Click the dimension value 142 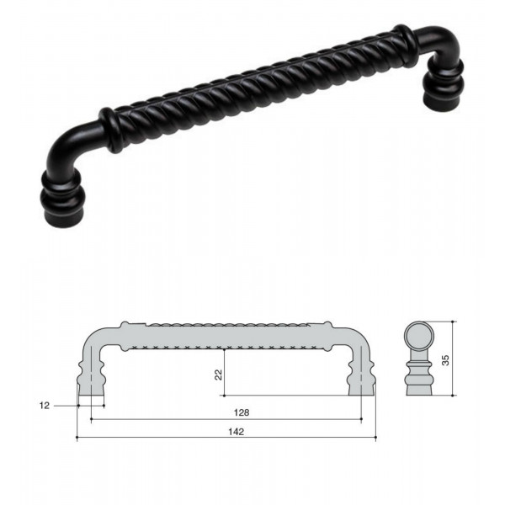click(x=236, y=432)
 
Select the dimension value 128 click(x=242, y=413)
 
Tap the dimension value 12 click(x=45, y=406)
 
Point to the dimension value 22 click(x=219, y=375)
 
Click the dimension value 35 click(x=445, y=359)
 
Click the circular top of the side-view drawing click(x=419, y=336)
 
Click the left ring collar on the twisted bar click(x=110, y=130)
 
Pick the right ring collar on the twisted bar click(x=405, y=45)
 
